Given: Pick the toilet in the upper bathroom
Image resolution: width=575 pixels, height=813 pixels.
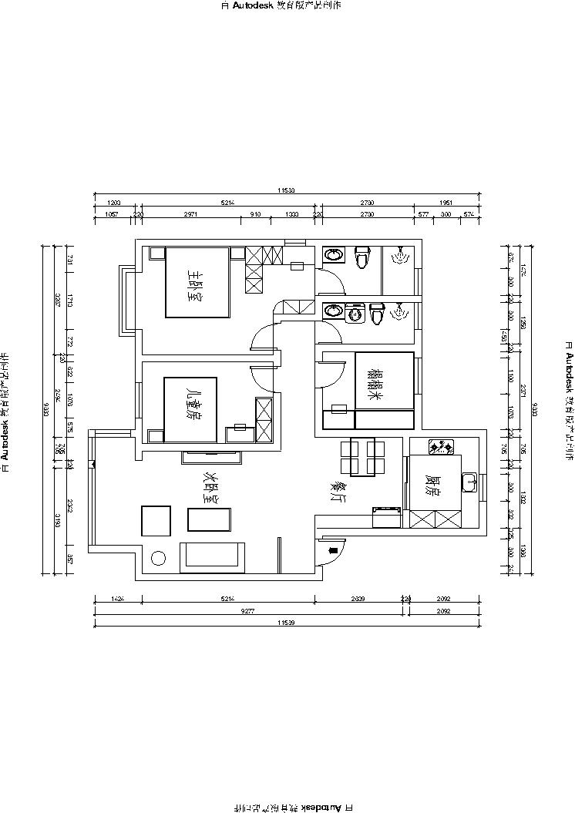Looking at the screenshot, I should coord(361,257).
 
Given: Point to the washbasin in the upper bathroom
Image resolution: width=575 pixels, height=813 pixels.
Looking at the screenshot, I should coord(334,254).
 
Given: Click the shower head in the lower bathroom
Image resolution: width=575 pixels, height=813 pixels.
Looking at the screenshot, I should coord(400,311).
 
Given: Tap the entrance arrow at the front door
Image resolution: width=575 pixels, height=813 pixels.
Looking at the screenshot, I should coord(332,550).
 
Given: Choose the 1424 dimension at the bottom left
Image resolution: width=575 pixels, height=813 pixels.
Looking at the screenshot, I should coord(116,598).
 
